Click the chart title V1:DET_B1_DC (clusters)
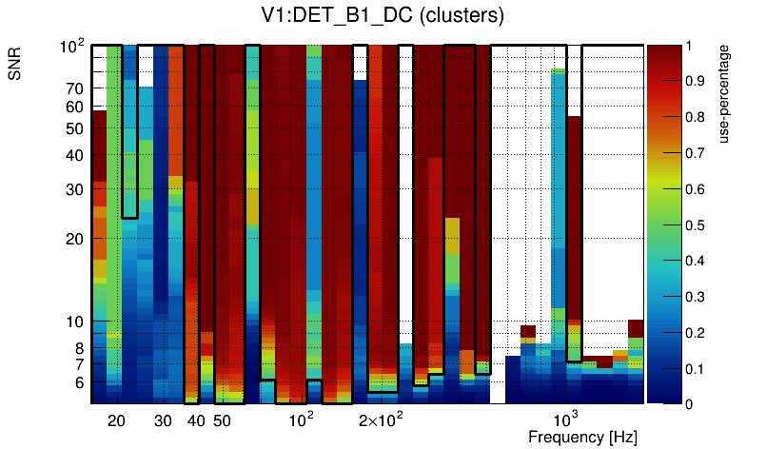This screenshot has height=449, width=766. click(x=382, y=16)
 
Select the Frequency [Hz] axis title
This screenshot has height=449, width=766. click(x=581, y=437)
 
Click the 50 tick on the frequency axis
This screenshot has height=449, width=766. click(x=221, y=420)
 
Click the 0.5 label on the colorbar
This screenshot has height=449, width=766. click(x=700, y=224)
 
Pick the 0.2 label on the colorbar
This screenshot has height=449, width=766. click(x=700, y=332)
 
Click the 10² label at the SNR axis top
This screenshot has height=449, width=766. click(x=72, y=46)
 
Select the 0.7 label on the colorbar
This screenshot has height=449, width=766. click(x=700, y=153)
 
